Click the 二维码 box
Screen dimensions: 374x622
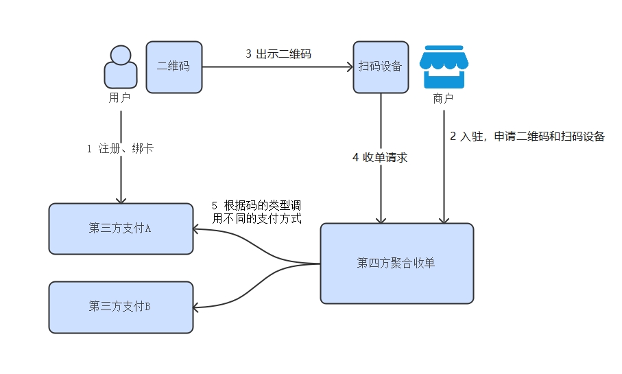click(x=174, y=67)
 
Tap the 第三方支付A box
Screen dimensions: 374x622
click(x=121, y=229)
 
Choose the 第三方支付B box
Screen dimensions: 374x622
click(x=121, y=307)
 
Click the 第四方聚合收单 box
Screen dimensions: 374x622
click(x=396, y=264)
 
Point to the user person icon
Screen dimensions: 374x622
click(x=120, y=67)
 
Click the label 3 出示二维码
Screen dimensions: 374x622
click(x=278, y=54)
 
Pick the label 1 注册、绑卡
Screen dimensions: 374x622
click(x=120, y=148)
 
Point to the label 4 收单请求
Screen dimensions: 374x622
click(x=380, y=157)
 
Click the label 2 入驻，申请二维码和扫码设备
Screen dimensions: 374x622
click(x=527, y=136)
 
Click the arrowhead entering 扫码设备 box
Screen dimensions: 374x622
click(x=348, y=67)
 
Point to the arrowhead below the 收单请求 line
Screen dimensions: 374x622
click(x=381, y=219)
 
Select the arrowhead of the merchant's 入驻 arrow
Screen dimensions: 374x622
click(x=444, y=219)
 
